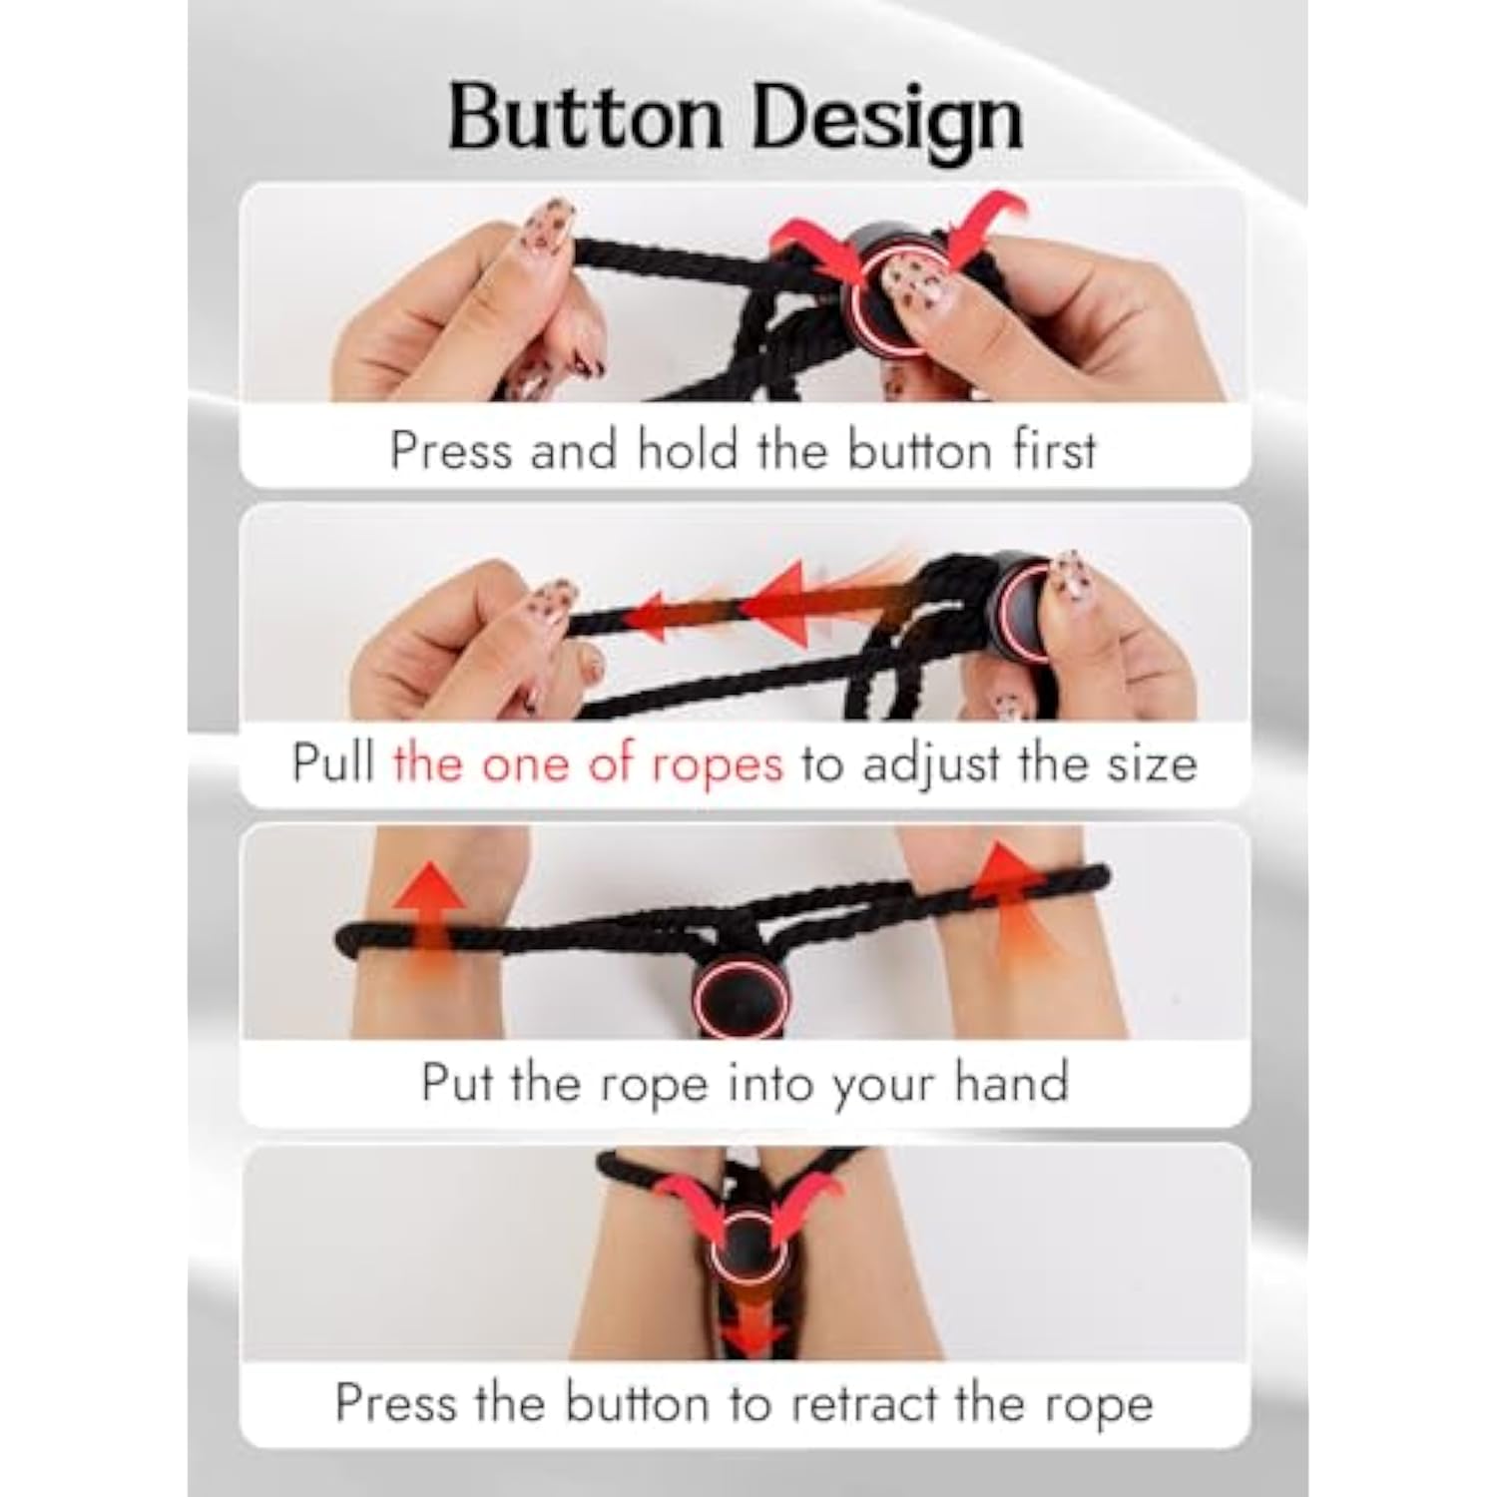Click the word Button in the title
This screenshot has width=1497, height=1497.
[586, 118]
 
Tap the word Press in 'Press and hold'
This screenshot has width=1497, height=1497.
[452, 450]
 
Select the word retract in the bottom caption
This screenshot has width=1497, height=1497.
[864, 1404]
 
